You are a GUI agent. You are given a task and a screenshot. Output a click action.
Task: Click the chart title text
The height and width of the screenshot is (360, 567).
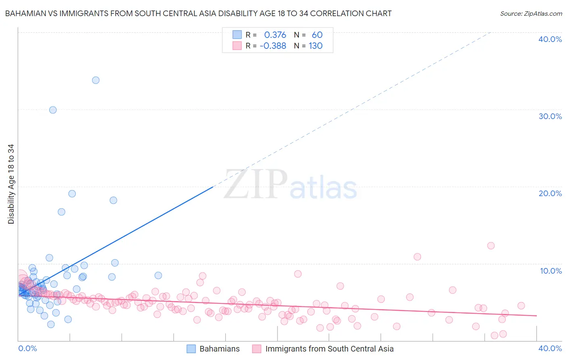point(198,14)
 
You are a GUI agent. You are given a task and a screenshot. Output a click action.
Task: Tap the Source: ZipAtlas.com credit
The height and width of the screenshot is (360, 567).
point(531,14)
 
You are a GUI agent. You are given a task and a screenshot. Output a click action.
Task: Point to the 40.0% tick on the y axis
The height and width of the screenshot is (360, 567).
point(550,39)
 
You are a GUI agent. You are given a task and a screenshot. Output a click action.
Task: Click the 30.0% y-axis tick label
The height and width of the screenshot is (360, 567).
point(550,116)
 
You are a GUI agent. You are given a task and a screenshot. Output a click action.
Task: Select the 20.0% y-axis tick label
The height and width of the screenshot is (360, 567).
point(550,193)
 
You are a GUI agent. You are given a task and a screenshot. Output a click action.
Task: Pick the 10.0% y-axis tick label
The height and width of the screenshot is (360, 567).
point(551,271)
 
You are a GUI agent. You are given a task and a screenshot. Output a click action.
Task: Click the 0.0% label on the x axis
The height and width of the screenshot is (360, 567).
point(27,348)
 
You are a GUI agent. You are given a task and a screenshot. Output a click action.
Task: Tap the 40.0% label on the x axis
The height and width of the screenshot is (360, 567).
point(550,348)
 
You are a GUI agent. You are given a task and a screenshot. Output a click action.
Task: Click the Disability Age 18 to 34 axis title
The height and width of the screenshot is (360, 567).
point(11,184)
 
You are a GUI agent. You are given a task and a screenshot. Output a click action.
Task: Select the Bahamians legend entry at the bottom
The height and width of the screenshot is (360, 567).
point(219,349)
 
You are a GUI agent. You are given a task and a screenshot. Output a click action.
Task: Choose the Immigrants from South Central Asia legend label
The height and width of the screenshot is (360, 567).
point(329,349)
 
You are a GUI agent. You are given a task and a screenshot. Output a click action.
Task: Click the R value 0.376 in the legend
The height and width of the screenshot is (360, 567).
point(275,35)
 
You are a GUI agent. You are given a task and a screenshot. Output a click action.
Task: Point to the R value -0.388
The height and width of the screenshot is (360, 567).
point(273,46)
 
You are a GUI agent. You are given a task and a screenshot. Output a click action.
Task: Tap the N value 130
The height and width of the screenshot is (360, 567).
point(315,46)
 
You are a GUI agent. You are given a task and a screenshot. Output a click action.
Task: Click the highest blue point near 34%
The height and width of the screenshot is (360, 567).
point(96,80)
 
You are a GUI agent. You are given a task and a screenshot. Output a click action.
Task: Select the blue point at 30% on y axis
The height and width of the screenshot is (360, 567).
point(53,110)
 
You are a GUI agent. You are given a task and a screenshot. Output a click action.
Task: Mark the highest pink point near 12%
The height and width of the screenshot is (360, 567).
point(491,246)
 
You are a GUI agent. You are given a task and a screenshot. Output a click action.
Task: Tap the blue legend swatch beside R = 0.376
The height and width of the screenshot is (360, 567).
point(237,35)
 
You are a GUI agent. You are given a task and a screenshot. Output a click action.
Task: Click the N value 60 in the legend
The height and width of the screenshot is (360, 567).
point(317,35)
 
